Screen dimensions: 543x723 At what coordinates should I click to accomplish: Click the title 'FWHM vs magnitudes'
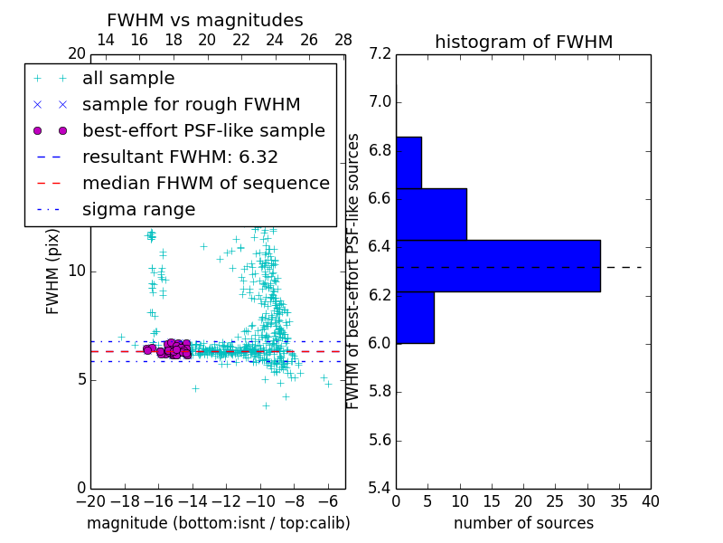coord(204,21)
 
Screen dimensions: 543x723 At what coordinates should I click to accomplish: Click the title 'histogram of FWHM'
coord(523,43)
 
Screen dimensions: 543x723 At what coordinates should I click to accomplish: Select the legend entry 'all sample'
coord(128,79)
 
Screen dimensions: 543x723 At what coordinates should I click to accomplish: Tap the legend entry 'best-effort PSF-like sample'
coord(203,131)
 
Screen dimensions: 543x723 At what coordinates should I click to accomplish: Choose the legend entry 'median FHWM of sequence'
coord(205,184)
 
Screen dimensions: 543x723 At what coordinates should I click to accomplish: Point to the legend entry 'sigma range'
coord(138,210)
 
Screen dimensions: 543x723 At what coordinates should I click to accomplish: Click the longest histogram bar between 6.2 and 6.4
coord(498,265)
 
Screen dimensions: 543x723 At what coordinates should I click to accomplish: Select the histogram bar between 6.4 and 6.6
coord(431,214)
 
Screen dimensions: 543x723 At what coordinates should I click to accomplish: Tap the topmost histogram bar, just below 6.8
coord(408,162)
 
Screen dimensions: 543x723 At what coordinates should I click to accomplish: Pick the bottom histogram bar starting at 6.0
coord(415,317)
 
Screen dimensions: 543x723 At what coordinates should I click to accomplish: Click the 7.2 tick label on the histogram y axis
coord(380,53)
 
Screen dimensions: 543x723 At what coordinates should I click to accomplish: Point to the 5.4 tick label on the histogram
coord(380,488)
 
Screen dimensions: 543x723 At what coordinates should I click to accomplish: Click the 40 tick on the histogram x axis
coord(650,501)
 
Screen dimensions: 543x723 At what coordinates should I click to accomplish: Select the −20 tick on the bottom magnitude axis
coord(90,501)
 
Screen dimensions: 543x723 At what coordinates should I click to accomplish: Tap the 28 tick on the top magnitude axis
coord(343,40)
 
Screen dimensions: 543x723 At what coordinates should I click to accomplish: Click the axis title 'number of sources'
coord(523,523)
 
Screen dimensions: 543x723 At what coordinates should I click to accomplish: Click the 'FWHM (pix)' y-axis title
coord(53,271)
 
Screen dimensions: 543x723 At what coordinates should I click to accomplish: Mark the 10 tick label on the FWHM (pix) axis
coord(77,271)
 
